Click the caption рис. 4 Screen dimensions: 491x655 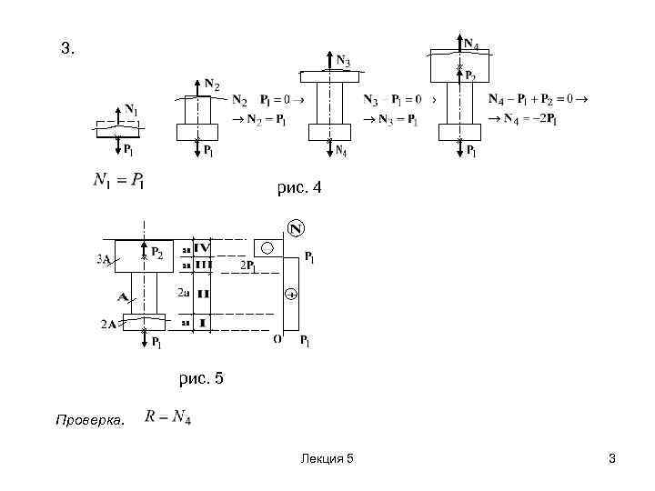click(x=299, y=188)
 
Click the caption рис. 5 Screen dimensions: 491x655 click(x=200, y=378)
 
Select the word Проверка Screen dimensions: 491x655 click(x=89, y=420)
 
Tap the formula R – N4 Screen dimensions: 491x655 click(x=167, y=417)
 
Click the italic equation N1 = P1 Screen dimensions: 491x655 click(x=118, y=179)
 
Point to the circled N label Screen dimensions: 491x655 click(x=296, y=228)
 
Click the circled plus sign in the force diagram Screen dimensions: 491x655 click(x=291, y=295)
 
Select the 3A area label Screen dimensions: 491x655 click(x=103, y=259)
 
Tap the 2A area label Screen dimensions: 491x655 click(x=108, y=324)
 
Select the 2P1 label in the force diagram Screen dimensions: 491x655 click(x=249, y=266)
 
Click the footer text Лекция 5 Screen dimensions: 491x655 click(x=327, y=460)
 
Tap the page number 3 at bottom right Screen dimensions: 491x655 click(x=612, y=460)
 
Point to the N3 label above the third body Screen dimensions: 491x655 click(x=343, y=61)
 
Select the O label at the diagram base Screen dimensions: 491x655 click(x=277, y=339)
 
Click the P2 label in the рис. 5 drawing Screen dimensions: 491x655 click(x=158, y=252)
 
